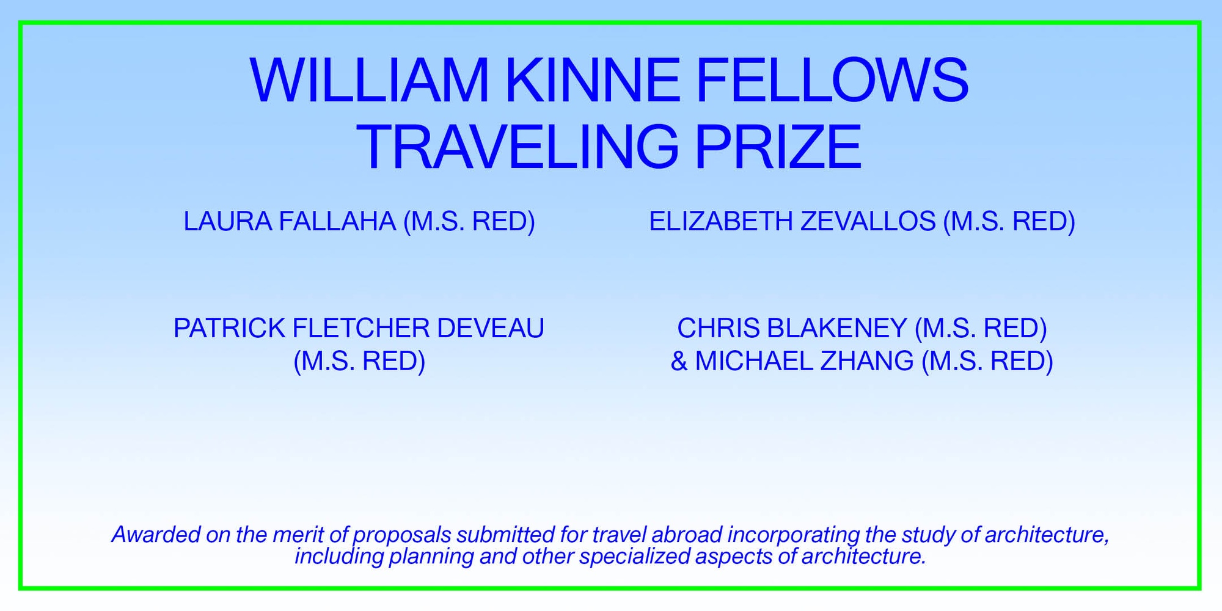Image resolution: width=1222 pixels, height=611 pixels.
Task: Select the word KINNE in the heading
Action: (593, 81)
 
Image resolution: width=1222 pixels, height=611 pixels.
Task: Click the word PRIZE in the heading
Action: (778, 147)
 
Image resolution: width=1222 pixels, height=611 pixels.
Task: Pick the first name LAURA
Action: (228, 221)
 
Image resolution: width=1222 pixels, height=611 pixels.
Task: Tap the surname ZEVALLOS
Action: (868, 221)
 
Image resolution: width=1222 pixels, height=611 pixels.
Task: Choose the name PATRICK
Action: (229, 329)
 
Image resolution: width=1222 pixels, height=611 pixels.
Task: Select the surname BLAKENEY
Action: (836, 329)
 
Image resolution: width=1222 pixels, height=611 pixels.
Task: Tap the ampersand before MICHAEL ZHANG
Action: (679, 361)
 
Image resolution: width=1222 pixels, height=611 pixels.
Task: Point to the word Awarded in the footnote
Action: (156, 535)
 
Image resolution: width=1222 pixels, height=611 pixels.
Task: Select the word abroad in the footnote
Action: (687, 535)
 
